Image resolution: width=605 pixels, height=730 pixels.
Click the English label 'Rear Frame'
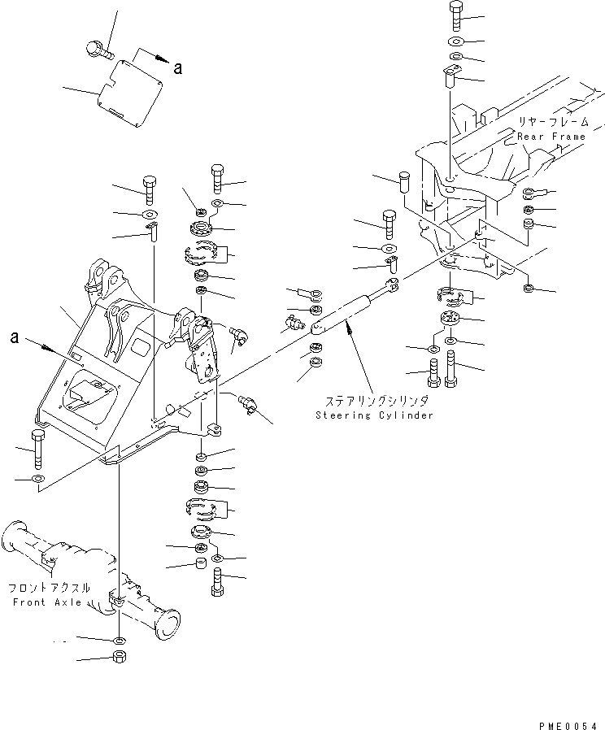pyautogui.click(x=551, y=137)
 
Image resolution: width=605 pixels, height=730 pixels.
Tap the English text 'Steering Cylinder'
pyautogui.click(x=375, y=415)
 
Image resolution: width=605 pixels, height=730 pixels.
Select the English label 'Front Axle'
pyautogui.click(x=46, y=602)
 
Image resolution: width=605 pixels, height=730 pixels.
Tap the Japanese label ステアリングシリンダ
pyautogui.click(x=376, y=402)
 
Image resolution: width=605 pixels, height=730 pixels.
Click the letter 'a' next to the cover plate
pyautogui.click(x=176, y=68)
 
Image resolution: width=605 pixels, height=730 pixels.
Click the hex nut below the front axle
pyautogui.click(x=119, y=656)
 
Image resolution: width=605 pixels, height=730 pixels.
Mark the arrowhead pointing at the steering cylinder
pyautogui.click(x=348, y=326)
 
